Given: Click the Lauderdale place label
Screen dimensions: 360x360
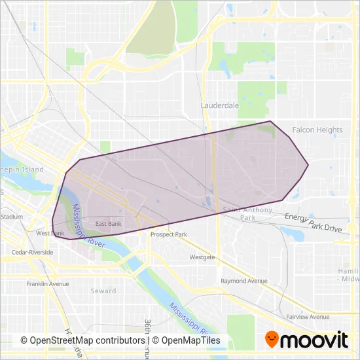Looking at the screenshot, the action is (220, 105).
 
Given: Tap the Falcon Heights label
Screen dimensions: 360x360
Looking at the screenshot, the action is (317, 130).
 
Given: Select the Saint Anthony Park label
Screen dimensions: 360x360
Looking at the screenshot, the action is (240, 213).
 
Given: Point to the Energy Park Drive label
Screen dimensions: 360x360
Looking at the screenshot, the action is (313, 223).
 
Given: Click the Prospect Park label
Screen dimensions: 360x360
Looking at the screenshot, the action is (168, 234).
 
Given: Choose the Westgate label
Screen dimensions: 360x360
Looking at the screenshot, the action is (202, 257).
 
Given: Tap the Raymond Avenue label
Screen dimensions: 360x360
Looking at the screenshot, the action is (244, 281).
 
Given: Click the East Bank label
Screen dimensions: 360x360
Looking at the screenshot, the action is (109, 224).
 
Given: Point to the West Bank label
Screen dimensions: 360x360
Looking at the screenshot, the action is (50, 233).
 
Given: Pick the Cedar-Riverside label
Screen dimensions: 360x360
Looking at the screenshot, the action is (32, 251).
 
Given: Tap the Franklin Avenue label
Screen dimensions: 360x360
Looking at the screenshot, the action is (48, 284).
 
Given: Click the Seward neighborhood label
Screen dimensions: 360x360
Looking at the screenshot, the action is (103, 291).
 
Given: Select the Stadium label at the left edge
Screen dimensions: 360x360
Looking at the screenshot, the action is (11, 216).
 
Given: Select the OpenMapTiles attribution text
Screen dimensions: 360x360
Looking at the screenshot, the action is (190, 341).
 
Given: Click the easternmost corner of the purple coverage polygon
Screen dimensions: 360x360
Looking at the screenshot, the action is (308, 164).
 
